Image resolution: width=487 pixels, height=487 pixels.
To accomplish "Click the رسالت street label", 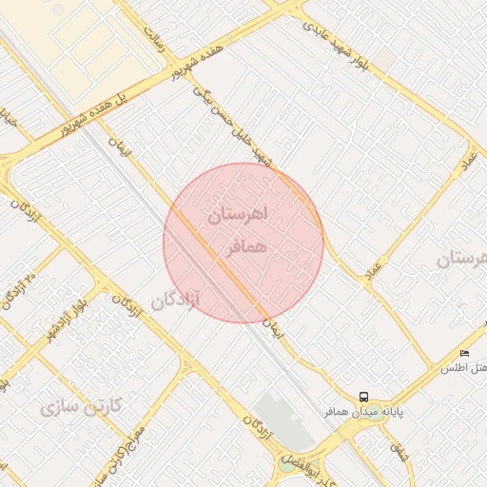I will tap(154, 39).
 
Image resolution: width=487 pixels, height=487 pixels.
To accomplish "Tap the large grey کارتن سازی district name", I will tap(82, 406).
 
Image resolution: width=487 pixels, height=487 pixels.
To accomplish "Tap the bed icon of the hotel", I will tap(464, 354).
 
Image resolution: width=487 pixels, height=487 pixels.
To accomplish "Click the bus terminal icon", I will tap(363, 397).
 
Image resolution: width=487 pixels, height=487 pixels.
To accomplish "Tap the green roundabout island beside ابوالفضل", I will tap(286, 464).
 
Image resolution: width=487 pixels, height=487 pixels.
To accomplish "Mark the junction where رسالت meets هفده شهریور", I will tap(177, 67).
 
